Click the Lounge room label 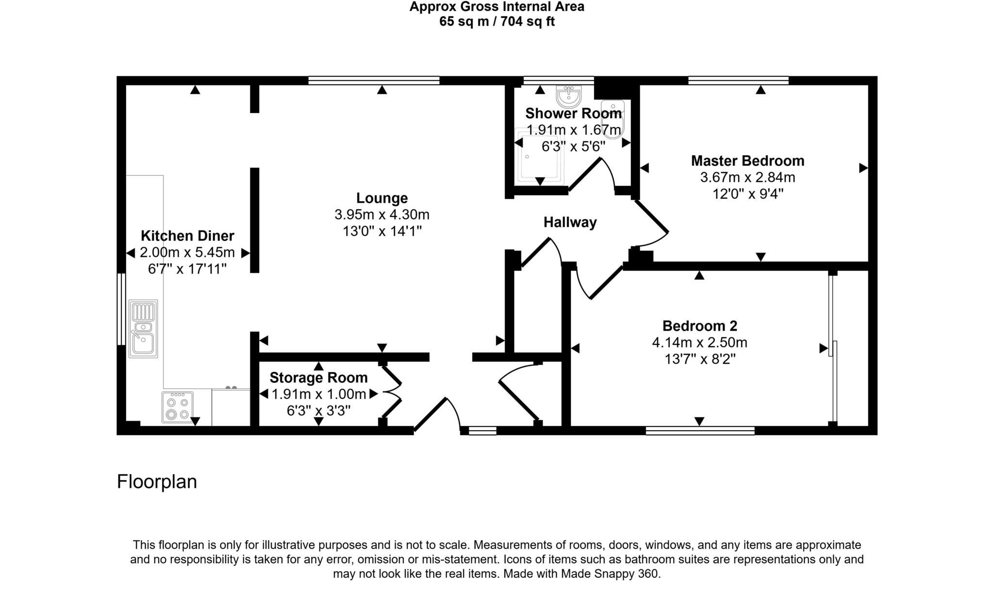(382, 198)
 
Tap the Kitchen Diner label (187, 236)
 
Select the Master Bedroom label (747, 161)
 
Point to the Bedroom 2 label (700, 325)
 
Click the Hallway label (570, 222)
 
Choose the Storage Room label (318, 377)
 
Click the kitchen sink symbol (143, 329)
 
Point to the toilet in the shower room (612, 119)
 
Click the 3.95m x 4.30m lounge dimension (382, 214)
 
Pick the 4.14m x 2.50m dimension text (699, 342)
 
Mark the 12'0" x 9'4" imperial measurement (747, 194)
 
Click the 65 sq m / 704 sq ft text (497, 22)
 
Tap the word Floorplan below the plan (157, 482)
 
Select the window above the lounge (374, 81)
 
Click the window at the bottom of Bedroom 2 (700, 431)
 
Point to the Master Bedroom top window (738, 81)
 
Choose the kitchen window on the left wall (121, 309)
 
